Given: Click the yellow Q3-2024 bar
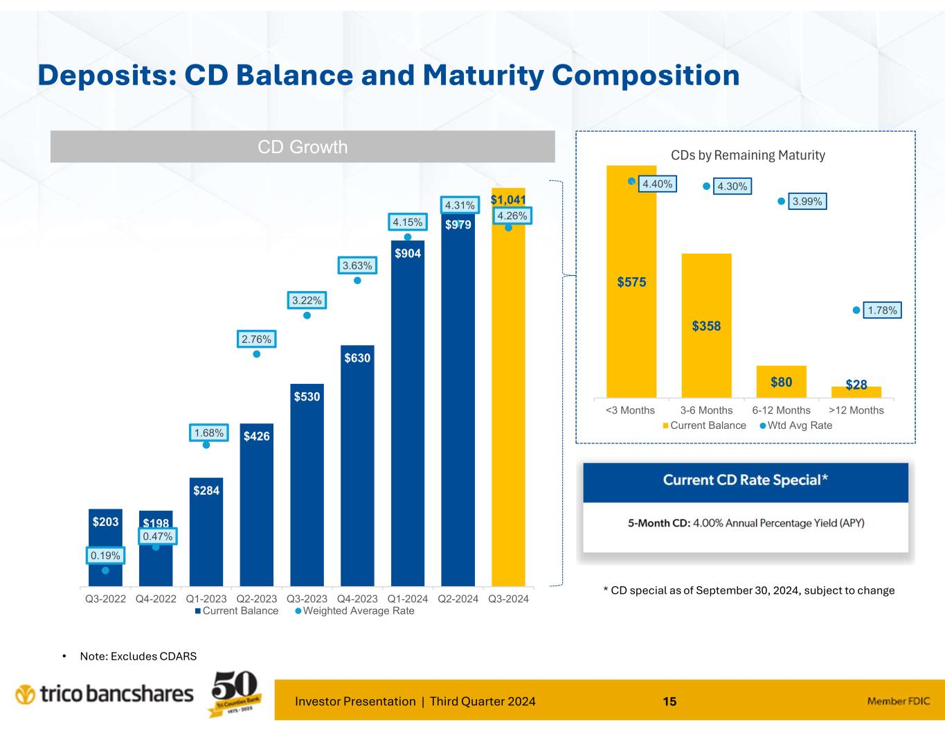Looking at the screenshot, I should coord(508,402).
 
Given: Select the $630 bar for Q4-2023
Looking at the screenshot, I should coord(357,464).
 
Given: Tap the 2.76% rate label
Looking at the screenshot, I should coord(257,340).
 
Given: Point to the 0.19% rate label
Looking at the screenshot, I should coord(105,555).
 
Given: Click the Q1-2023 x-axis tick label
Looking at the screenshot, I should coord(206,599).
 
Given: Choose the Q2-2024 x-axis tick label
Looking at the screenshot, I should coord(458,599).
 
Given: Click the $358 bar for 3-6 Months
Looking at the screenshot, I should coord(706,326).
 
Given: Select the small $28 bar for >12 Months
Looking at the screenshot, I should coord(856,391).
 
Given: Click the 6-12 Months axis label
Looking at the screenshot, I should coord(781,410).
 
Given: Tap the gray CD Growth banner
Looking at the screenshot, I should coord(303,147).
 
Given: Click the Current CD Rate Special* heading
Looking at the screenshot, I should coord(746,480).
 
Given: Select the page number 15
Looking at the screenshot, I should coord(669,702).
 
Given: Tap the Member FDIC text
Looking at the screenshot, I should coord(899,702).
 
